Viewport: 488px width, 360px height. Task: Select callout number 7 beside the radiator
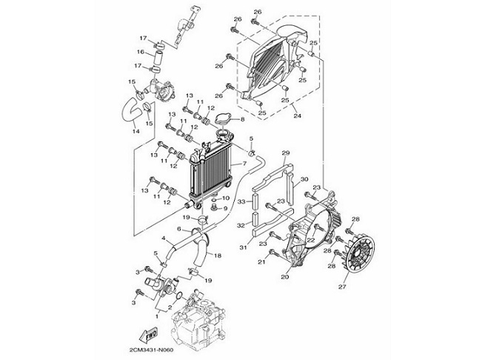[x=243, y=163]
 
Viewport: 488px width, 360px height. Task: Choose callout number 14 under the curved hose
[x=135, y=131]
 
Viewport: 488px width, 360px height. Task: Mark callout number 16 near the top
[x=140, y=52]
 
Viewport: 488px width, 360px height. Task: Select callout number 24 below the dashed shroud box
[x=296, y=116]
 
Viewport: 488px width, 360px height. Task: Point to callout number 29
[x=284, y=152]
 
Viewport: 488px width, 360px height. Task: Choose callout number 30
[x=303, y=179]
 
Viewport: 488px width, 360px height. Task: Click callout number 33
[x=241, y=202]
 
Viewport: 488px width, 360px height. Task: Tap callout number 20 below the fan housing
[x=284, y=278]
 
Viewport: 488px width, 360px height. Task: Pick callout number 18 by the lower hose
[x=217, y=256]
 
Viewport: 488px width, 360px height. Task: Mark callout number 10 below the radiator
[x=225, y=199]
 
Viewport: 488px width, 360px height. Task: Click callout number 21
[x=261, y=261]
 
